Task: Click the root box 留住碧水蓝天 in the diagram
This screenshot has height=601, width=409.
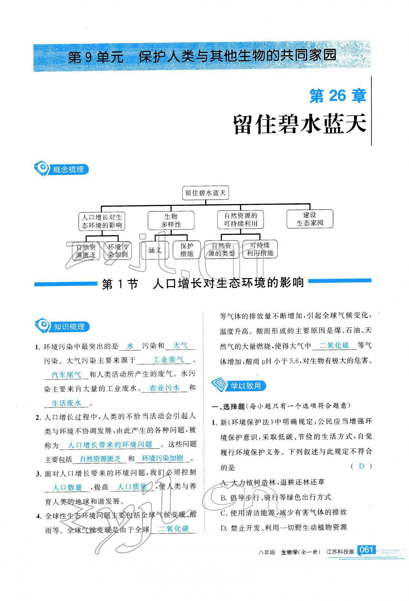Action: pos(205,193)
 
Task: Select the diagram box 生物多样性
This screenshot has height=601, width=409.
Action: pos(171,221)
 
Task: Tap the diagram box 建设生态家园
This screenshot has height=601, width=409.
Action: pos(310,219)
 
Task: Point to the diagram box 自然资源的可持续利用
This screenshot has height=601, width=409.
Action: pos(240,220)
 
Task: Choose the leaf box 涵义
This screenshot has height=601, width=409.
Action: pos(155,250)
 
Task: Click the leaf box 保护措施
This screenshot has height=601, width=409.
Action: pos(187,250)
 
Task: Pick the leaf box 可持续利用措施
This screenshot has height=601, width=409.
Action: pos(260,249)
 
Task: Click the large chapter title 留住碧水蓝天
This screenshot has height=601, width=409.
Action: pos(299,124)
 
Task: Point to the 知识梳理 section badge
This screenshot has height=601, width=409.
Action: pos(62,326)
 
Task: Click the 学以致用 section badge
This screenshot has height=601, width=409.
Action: pos(239,386)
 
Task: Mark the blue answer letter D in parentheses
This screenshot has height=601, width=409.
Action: pos(361,466)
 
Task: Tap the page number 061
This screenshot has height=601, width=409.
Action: pos(366,550)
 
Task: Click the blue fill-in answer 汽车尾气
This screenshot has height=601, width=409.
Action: pos(66,375)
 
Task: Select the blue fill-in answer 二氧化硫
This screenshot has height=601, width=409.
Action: pos(334,345)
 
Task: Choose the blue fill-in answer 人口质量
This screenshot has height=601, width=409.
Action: pos(132,487)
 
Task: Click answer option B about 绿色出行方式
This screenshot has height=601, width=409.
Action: pos(276,497)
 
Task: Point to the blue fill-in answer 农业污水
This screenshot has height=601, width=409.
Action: pos(164,388)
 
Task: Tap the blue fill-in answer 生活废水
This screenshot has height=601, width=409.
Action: pos(66,403)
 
